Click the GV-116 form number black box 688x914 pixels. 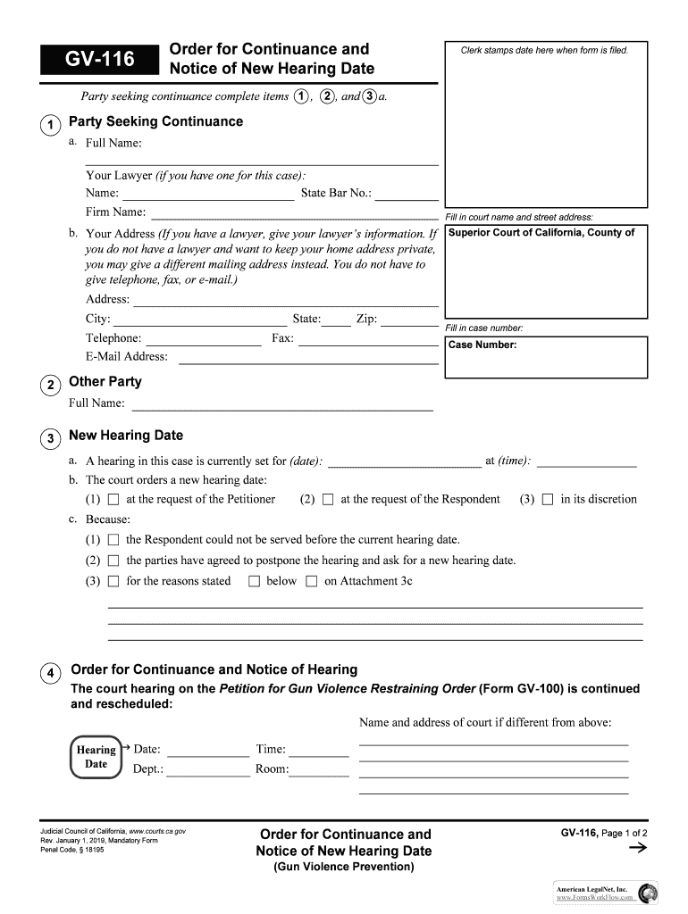[x=99, y=60]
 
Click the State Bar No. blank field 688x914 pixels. [x=407, y=194]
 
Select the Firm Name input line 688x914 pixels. [x=295, y=212]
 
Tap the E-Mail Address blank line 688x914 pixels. [x=308, y=357]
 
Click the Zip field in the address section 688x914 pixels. [x=409, y=320]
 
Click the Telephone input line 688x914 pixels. [x=203, y=339]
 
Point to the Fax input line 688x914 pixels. [x=367, y=339]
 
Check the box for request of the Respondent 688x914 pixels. [x=328, y=500]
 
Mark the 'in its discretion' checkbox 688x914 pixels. [x=548, y=500]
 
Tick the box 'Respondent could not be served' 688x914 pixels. [x=113, y=540]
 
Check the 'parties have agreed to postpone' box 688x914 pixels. [x=113, y=561]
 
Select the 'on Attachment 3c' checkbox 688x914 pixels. [x=311, y=582]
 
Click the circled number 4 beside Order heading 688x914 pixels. [x=52, y=672]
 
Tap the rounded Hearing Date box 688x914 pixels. [x=96, y=757]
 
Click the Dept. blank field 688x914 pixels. [x=208, y=769]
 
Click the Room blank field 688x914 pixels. [x=319, y=769]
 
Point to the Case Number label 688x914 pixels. [x=482, y=345]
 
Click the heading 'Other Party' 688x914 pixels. [x=105, y=382]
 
